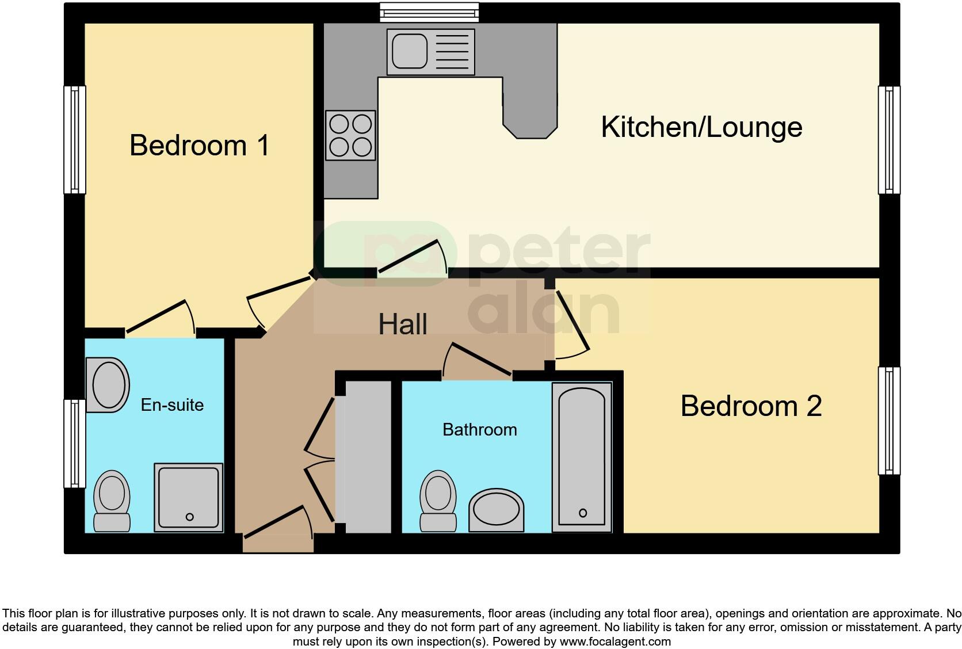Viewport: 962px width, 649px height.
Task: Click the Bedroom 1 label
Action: (x=199, y=145)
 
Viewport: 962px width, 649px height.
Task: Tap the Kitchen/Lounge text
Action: (x=701, y=127)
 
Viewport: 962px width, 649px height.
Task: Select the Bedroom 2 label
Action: (x=751, y=406)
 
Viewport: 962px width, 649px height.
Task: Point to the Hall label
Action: (x=402, y=324)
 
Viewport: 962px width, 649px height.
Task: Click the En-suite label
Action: (x=172, y=405)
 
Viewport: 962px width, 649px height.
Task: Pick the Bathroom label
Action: (x=479, y=430)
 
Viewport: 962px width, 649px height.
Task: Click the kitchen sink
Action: (x=430, y=52)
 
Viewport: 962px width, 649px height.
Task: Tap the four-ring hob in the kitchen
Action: (x=350, y=135)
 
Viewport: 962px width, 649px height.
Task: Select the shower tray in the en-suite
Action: (x=189, y=498)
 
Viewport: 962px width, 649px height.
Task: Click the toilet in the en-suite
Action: (x=112, y=501)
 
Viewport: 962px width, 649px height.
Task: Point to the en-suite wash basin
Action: (x=108, y=385)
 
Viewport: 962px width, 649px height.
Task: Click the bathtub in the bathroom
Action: (x=582, y=457)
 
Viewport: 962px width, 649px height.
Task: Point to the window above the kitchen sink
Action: (x=430, y=12)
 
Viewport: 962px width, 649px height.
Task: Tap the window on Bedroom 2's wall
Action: (x=889, y=421)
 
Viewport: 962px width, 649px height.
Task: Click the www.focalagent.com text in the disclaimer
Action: (x=614, y=641)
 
